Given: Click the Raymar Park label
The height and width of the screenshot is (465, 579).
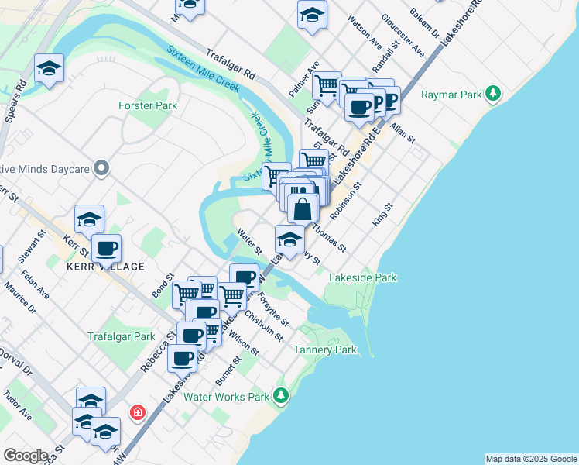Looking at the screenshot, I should (x=451, y=95).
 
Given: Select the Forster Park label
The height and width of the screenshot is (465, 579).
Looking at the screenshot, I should (x=148, y=105).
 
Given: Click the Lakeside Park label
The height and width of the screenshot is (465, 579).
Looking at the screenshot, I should (x=362, y=277).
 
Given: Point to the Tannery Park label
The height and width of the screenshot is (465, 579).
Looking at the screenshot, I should (x=325, y=350).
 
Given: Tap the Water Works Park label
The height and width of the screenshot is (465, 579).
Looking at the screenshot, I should (x=226, y=397).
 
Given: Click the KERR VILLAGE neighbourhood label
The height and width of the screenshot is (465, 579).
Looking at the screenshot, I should (x=107, y=267).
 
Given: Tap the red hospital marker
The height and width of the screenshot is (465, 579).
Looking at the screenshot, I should (x=138, y=412).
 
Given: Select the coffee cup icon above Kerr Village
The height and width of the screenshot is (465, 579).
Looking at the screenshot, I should (x=106, y=248).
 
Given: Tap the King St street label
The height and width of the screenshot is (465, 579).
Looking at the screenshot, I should (x=383, y=215).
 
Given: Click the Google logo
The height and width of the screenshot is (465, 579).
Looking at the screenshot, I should (x=26, y=456).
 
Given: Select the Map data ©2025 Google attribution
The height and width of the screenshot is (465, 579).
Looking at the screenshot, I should (x=530, y=459).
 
